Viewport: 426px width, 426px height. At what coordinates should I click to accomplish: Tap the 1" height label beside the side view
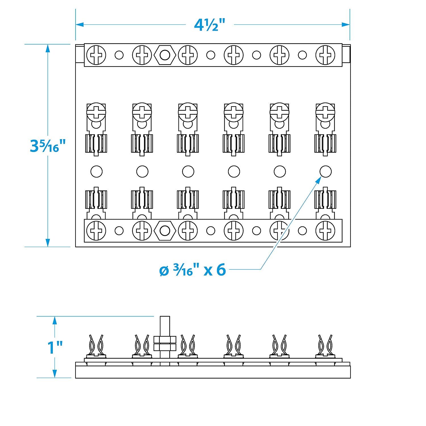[x=55, y=347]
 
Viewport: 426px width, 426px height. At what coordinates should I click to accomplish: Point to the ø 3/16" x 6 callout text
[x=193, y=270]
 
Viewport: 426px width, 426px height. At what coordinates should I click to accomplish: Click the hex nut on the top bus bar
[x=164, y=55]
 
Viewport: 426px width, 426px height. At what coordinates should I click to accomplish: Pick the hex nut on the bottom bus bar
[x=164, y=230]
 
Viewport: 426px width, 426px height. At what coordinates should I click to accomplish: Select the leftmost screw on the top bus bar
[x=96, y=55]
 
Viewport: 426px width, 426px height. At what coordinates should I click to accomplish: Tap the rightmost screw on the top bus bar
[x=325, y=55]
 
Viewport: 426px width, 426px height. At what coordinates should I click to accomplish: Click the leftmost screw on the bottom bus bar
[x=96, y=230]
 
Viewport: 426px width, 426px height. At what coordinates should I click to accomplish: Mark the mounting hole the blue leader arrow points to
[x=325, y=172]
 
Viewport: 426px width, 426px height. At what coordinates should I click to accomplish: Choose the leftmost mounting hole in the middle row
[x=96, y=172]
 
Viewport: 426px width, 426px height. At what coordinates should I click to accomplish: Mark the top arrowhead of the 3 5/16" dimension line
[x=48, y=48]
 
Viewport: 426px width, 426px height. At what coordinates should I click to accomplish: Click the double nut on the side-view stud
[x=165, y=343]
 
